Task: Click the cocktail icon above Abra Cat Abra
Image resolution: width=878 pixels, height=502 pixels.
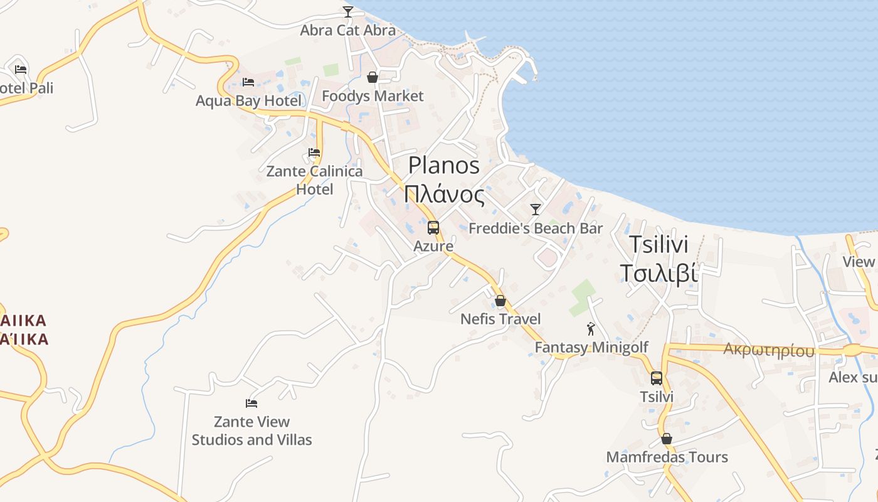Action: pos(347,11)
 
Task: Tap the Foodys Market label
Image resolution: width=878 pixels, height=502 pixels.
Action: pos(373,96)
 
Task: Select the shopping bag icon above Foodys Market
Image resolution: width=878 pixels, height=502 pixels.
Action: pos(373,77)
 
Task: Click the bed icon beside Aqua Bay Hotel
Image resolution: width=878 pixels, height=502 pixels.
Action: pos(248,82)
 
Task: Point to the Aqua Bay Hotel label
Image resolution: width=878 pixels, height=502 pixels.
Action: pos(248,101)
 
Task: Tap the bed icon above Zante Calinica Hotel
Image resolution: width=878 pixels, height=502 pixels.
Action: pos(314,152)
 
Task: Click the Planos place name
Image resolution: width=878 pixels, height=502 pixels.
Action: pos(444,165)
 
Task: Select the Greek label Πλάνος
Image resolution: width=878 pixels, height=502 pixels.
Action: pos(444,195)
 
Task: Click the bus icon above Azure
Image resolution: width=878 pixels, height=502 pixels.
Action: pos(433,228)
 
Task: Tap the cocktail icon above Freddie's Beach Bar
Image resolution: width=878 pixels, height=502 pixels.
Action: pos(535,209)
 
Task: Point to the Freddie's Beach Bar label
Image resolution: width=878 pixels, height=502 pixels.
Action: pos(536,228)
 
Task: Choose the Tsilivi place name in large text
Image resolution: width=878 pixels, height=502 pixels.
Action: pos(658,244)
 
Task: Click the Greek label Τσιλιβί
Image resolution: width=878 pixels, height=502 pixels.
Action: pos(658,274)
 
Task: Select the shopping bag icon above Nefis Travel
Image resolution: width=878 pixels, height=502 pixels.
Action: pos(500,301)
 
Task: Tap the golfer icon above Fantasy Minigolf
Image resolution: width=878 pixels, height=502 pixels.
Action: pos(591,329)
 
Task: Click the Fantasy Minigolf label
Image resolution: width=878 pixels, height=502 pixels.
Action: pos(591,347)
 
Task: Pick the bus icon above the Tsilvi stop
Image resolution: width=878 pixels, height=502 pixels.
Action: pos(657,378)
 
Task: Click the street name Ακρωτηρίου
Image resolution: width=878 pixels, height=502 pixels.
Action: pos(769,350)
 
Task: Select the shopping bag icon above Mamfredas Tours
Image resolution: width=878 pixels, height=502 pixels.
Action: pos(667,439)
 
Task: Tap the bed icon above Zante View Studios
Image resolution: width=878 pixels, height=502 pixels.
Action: pos(251,403)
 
